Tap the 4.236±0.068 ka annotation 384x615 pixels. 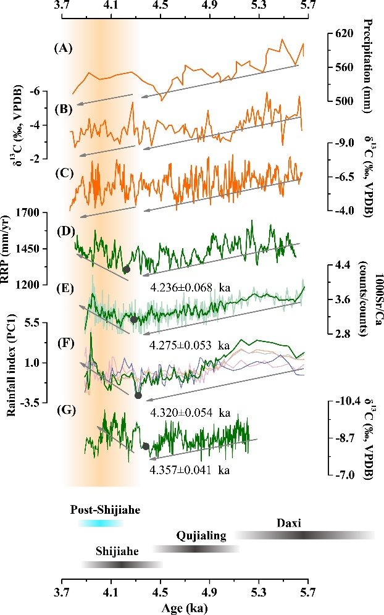(x=190, y=288)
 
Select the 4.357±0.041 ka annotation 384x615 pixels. (x=190, y=470)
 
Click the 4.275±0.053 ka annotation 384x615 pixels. (x=190, y=349)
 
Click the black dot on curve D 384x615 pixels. (x=127, y=269)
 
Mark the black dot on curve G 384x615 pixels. (x=146, y=446)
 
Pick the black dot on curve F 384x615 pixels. (x=138, y=395)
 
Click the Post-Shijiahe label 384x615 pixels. (x=105, y=510)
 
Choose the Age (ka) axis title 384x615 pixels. (x=185, y=608)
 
